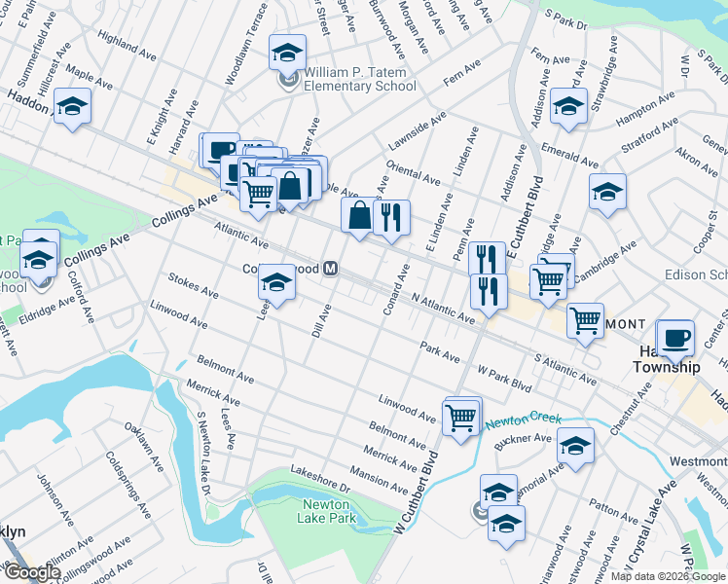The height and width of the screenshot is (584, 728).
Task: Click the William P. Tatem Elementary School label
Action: [x=352, y=80]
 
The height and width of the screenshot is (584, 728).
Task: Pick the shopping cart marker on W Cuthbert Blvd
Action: [x=461, y=417]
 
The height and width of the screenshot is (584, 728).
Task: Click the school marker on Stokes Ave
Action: [x=276, y=283]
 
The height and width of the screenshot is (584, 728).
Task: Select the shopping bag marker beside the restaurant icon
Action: [x=359, y=217]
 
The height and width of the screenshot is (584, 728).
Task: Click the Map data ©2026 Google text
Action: [x=669, y=576]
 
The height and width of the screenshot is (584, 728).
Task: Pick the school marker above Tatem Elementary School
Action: [x=287, y=52]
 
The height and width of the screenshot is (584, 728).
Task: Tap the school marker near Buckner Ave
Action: [x=575, y=446]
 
